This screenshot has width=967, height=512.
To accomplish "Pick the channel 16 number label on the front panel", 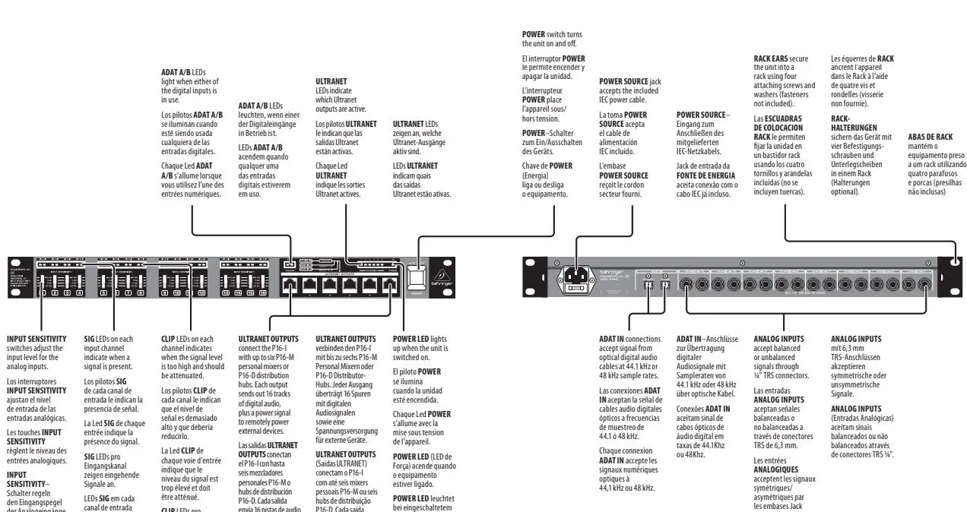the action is (x=247, y=292).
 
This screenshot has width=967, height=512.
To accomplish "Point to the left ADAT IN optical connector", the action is (x=648, y=286).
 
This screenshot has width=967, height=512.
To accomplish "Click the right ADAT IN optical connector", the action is (x=665, y=286).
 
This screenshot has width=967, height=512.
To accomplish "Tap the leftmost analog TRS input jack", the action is (x=686, y=286).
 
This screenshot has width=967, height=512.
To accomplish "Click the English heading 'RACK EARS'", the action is (x=770, y=58).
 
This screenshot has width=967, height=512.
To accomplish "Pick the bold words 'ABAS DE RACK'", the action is (x=929, y=137).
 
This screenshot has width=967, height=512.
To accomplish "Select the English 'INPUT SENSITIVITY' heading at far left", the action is (x=36, y=339).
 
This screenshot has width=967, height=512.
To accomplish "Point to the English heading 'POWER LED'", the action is (x=411, y=339).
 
